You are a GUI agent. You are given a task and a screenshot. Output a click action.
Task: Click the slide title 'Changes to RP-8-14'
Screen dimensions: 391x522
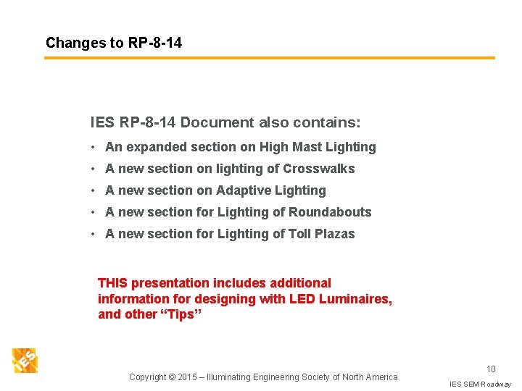tap(114, 43)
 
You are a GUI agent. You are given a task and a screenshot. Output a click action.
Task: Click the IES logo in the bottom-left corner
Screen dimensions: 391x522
tap(25, 360)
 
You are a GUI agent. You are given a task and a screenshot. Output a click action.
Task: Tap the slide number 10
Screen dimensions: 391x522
tap(491, 369)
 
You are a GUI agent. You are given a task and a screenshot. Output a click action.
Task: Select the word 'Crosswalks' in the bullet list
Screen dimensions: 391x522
tap(319, 169)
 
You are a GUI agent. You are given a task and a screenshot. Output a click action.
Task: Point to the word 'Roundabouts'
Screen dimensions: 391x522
tap(330, 212)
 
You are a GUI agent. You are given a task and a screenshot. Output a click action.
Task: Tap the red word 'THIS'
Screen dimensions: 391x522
tap(112, 283)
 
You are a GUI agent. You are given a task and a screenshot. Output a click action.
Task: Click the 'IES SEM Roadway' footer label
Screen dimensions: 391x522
tap(480, 384)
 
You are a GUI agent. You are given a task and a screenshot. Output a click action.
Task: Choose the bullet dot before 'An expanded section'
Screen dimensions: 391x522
tap(94, 147)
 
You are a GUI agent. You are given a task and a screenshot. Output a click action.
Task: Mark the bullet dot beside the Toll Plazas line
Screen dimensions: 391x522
tap(94, 234)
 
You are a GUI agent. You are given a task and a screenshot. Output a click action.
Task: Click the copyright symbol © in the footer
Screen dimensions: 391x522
tap(172, 377)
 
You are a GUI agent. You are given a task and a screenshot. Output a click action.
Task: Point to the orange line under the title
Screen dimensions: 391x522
tap(269, 58)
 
